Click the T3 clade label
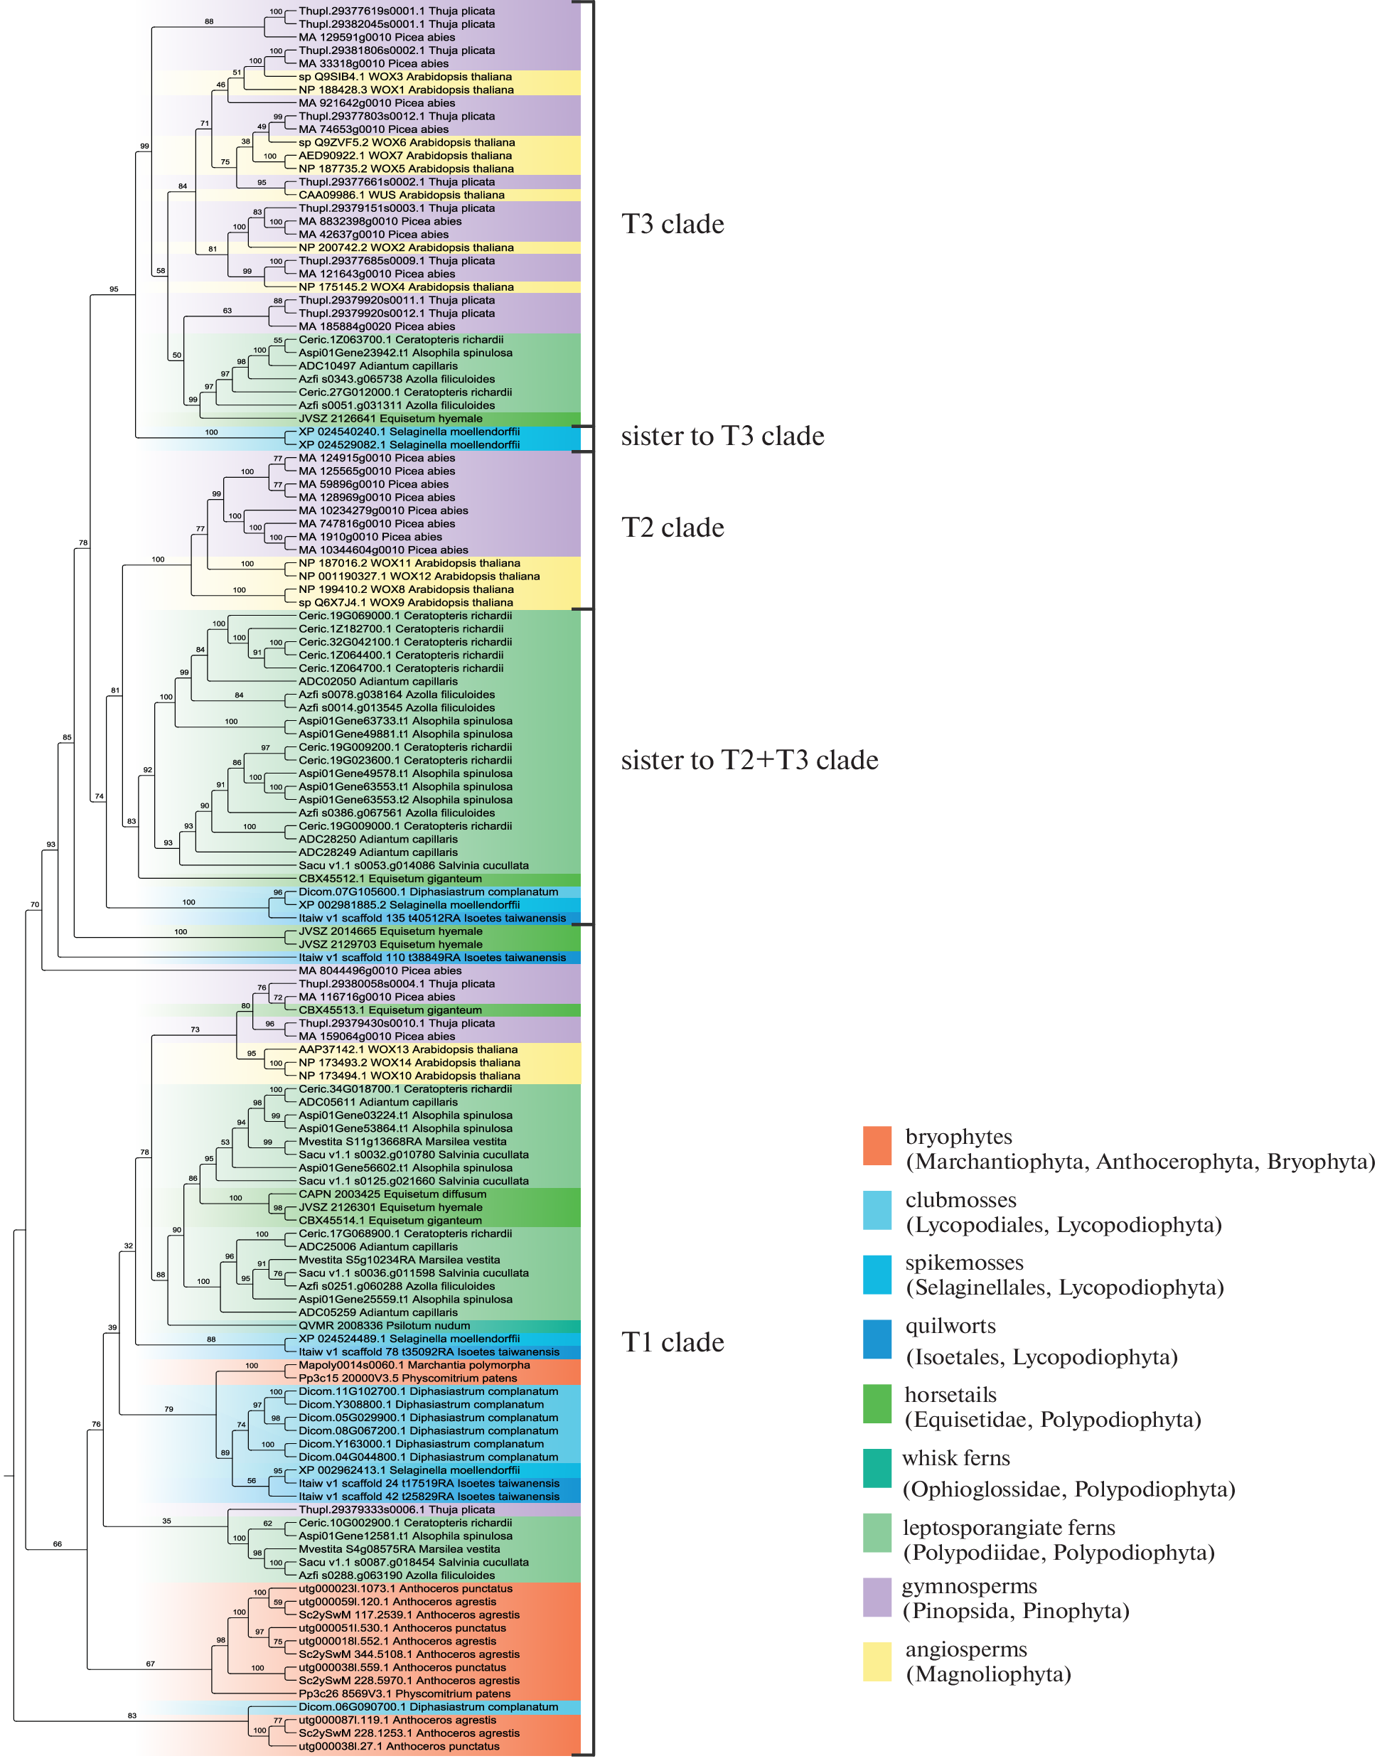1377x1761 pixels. (673, 224)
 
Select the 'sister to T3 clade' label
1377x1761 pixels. (722, 437)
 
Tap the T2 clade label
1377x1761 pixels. (673, 528)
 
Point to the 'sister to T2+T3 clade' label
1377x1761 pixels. (749, 761)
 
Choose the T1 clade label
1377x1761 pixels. (673, 1342)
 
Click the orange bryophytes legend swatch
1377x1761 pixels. (877, 1146)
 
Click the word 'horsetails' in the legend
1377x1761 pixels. (950, 1395)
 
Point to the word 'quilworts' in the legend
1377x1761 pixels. (950, 1327)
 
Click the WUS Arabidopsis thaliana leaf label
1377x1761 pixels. (402, 195)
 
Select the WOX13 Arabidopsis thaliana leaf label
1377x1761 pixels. (408, 1050)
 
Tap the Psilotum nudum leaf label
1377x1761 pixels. (384, 1326)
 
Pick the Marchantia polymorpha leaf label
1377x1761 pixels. (414, 1365)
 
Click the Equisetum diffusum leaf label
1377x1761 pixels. (392, 1194)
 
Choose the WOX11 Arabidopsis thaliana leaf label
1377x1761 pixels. (409, 564)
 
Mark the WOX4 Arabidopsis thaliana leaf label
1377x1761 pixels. (405, 287)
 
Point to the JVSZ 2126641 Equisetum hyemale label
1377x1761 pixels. (390, 419)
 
